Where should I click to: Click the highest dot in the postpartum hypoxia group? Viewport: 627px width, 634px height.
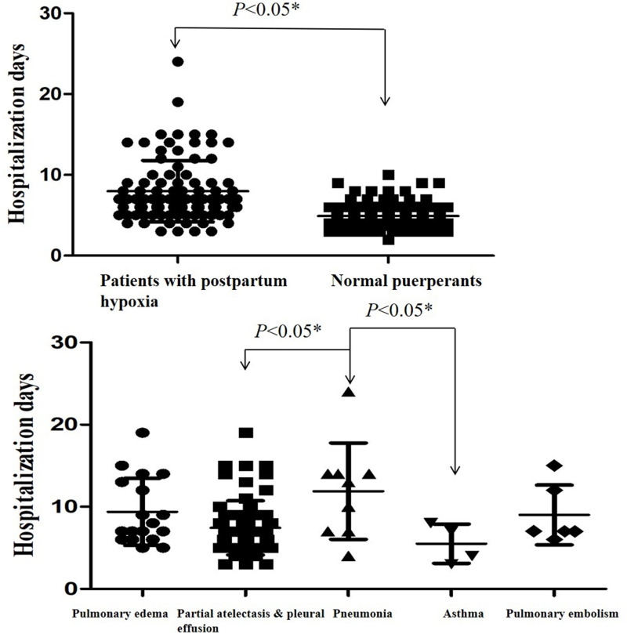[x=178, y=61]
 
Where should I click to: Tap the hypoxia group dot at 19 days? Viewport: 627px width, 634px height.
[x=178, y=102]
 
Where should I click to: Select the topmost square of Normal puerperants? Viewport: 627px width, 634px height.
[x=389, y=175]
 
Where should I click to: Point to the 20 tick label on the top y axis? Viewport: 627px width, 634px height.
[x=50, y=94]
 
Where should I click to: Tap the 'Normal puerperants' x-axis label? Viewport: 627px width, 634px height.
[x=406, y=281]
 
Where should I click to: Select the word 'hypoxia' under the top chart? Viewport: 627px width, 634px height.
[x=129, y=302]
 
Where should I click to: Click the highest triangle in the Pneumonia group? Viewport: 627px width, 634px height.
[x=349, y=392]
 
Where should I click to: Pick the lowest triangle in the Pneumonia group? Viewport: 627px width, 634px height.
[x=349, y=556]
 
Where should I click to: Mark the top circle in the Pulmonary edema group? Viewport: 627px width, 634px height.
[x=143, y=433]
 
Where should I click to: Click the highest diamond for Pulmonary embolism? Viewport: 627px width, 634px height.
[x=554, y=466]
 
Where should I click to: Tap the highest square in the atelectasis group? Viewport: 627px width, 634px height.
[x=246, y=433]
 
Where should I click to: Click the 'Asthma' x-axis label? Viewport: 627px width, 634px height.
[x=463, y=614]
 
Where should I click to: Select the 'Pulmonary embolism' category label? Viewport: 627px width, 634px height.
[x=562, y=614]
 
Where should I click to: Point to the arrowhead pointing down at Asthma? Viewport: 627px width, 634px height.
[x=455, y=470]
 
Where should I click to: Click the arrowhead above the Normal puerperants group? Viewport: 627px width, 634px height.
[x=385, y=101]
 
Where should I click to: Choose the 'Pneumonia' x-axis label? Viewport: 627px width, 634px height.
[x=363, y=614]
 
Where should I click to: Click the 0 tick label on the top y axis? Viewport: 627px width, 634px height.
[x=56, y=255]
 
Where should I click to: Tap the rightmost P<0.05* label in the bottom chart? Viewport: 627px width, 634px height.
[x=399, y=311]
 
